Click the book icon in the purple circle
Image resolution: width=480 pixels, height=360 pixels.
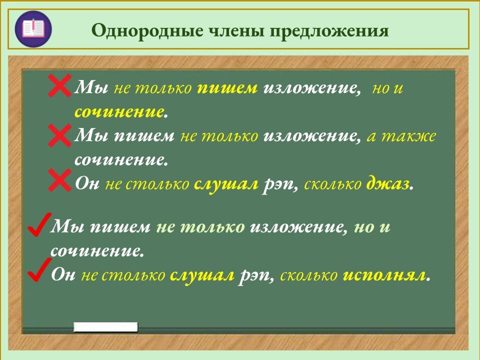[x=32, y=29]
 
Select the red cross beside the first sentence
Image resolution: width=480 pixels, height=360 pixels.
[x=60, y=86]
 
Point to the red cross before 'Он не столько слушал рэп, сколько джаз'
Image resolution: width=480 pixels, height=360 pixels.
[x=60, y=180]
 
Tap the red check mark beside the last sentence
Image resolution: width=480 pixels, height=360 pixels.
[x=38, y=271]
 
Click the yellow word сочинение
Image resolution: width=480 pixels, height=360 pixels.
[x=119, y=111]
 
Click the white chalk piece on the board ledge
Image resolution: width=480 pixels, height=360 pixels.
[x=105, y=327]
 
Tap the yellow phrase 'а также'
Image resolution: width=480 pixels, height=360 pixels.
[x=401, y=136]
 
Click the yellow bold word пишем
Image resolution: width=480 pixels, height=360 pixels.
[x=227, y=88]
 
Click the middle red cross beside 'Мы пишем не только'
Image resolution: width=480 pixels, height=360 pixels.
[x=60, y=135]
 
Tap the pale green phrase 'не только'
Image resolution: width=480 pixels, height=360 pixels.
[x=200, y=227]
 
